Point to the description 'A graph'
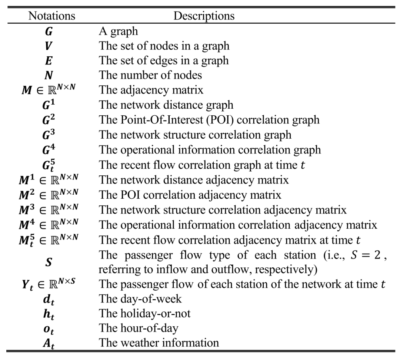119,32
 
